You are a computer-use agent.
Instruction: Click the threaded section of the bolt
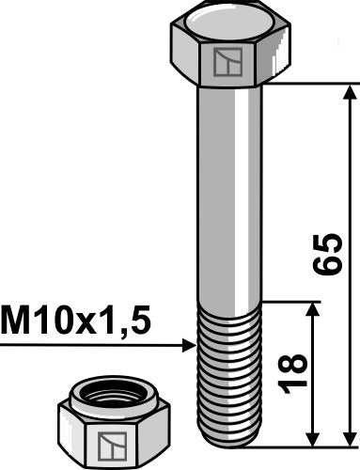tap(230, 376)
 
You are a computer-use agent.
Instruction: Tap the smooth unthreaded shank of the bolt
tap(230, 188)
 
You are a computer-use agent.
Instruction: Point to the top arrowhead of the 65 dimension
tap(351, 91)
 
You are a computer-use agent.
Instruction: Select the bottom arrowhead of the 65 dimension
tap(351, 437)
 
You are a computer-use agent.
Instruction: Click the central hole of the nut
tap(109, 398)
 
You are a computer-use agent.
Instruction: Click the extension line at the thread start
tap(291, 302)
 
